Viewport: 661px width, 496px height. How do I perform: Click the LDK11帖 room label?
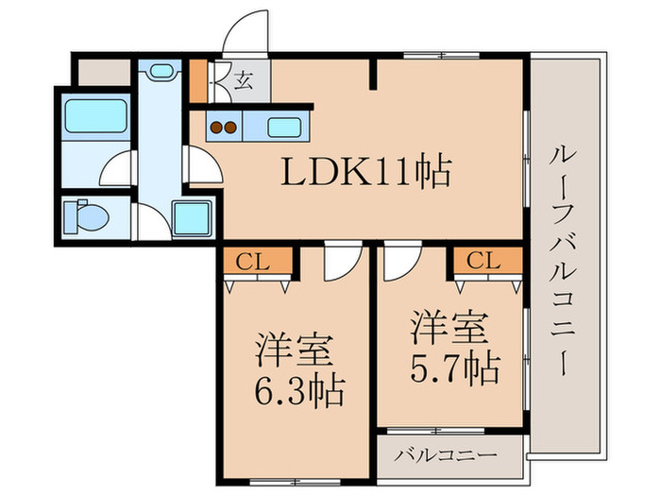(x=364, y=174)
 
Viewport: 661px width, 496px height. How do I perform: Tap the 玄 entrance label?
(x=244, y=81)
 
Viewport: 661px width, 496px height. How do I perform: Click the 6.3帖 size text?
(x=298, y=386)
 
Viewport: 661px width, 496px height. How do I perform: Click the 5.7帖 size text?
(x=454, y=369)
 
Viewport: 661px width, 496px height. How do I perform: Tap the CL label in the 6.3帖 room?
(x=250, y=261)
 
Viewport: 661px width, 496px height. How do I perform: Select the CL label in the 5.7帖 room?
(x=482, y=260)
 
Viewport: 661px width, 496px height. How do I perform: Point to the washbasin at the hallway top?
(x=161, y=72)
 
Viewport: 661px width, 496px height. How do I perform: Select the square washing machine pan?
(x=195, y=219)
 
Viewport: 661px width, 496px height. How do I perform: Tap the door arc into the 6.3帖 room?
(x=337, y=265)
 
